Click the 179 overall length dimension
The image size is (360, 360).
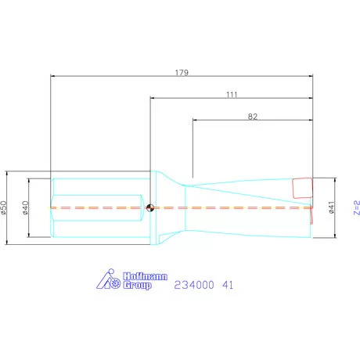point(182,72)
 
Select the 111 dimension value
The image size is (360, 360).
point(232,95)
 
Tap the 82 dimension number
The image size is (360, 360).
point(253,117)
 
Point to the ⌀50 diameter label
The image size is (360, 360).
point(3,207)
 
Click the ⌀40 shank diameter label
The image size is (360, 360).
point(25,207)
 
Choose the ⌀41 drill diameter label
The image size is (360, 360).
point(331,207)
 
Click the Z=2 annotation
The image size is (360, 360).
point(357,207)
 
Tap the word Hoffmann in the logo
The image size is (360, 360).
point(145,276)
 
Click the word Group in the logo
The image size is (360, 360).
point(137,285)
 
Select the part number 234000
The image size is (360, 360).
point(194,285)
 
